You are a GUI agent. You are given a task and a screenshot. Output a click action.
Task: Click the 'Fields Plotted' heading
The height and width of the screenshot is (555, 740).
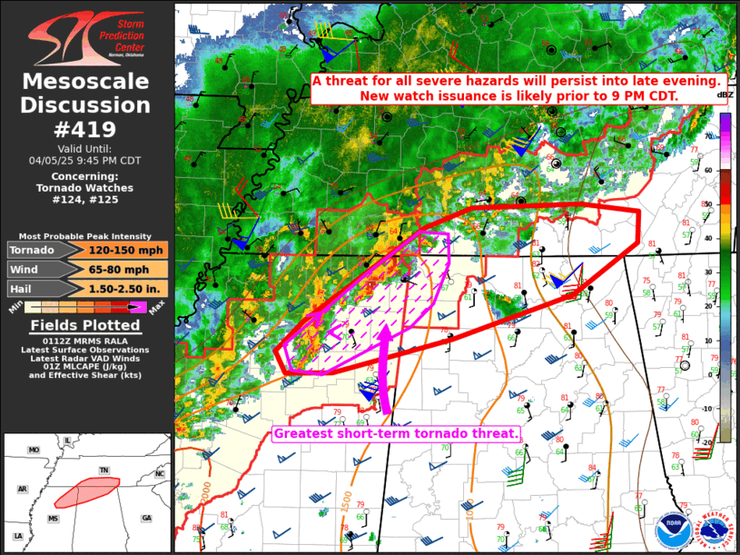(x=86, y=325)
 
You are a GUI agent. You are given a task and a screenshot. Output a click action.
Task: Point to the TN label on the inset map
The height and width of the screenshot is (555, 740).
(x=105, y=471)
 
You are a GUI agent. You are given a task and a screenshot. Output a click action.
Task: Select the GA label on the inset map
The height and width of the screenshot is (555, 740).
(x=146, y=518)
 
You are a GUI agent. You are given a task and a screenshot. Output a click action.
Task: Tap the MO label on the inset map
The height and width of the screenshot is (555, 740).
(x=34, y=451)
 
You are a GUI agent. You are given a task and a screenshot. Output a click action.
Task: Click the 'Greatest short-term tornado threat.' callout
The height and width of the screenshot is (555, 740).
(x=396, y=434)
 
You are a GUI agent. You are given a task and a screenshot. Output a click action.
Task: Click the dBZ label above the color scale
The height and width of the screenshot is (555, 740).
(x=725, y=95)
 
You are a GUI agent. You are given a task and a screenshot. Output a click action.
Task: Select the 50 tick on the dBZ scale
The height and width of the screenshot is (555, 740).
(x=707, y=205)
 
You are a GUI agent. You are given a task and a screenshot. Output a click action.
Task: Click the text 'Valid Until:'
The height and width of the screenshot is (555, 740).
(x=86, y=147)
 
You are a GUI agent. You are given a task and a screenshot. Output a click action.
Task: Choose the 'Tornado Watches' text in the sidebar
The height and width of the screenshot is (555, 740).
(x=86, y=188)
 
